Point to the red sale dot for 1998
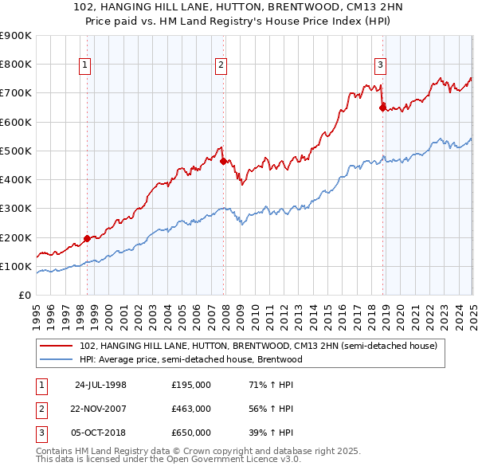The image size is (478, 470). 87,238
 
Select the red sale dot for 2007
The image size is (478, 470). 223,161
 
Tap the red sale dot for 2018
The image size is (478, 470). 382,106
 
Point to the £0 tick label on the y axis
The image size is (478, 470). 24,296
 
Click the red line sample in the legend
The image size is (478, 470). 57,347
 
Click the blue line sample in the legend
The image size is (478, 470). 57,359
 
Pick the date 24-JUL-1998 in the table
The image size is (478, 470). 100,386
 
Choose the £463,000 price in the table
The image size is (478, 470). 191,409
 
